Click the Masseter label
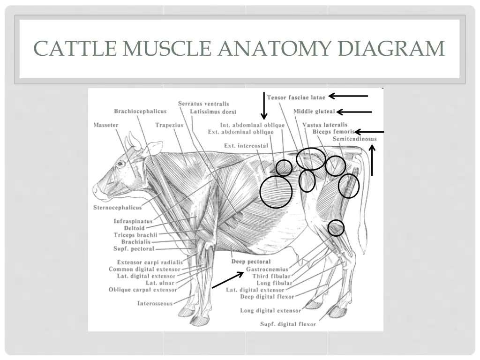click(106, 125)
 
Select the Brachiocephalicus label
click(140, 111)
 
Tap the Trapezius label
click(169, 125)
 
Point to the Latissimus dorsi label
click(213, 112)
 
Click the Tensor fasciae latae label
click(296, 97)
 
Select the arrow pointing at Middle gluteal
click(354, 112)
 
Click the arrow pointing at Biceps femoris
click(369, 132)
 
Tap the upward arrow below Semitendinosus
click(372, 160)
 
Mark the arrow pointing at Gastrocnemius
click(228, 279)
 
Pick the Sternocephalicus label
click(117, 207)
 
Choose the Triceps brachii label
click(135, 235)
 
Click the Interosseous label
click(155, 303)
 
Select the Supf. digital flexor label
click(288, 324)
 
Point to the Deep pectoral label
click(251, 262)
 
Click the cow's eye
click(120, 164)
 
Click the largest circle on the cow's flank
click(276, 192)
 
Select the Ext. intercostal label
click(246, 146)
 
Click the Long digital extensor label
click(270, 310)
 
